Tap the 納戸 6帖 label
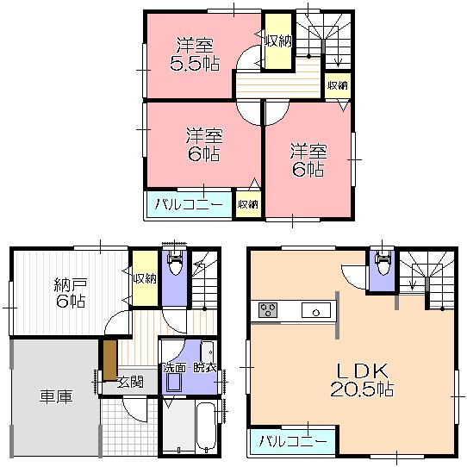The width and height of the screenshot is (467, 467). [69, 293]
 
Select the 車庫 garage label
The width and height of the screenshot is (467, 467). [53, 397]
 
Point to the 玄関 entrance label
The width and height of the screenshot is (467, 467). [131, 382]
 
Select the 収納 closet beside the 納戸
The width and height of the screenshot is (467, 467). [145, 278]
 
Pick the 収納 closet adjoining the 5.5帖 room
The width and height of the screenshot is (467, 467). [277, 41]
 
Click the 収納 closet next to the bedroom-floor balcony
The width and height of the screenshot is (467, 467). [247, 205]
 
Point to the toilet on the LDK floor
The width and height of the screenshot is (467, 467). [380, 263]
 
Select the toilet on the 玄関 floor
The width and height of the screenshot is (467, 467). [173, 264]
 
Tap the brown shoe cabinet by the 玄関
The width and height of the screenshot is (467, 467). [109, 357]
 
